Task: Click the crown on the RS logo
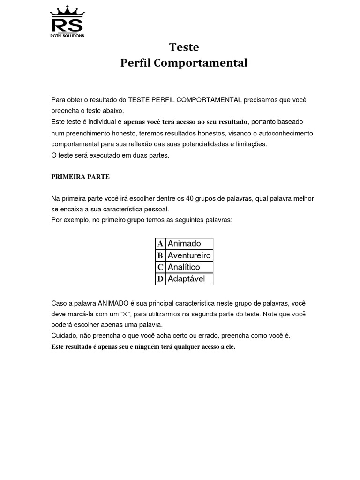point(67,11)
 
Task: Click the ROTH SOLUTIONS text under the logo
point(67,36)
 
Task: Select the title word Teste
point(184,47)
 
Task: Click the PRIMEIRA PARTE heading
point(80,177)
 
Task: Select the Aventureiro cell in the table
point(189,255)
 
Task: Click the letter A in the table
point(160,244)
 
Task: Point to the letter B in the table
point(160,255)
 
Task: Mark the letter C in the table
point(160,267)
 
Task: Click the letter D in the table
point(160,279)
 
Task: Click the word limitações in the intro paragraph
point(251,144)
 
